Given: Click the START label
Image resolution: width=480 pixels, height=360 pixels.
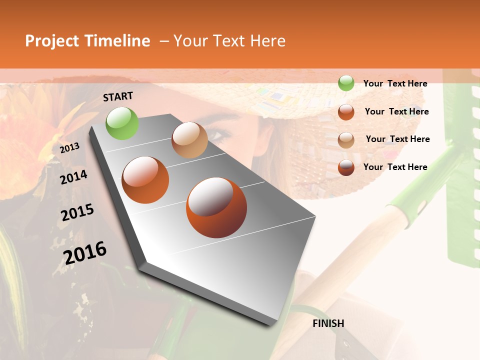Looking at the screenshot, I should tap(118, 96).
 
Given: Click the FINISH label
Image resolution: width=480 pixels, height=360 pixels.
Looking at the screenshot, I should tap(328, 323).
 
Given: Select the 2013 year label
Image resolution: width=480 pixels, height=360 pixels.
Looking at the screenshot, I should tap(69, 147).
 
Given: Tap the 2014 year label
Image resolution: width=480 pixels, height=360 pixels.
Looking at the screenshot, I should tap(73, 177).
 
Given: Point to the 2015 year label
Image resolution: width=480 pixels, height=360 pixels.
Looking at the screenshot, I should tap(77, 212).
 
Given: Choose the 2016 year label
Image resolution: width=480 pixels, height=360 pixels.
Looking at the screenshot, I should tap(85, 252).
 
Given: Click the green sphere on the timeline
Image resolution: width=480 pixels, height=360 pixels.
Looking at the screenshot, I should tap(122, 123).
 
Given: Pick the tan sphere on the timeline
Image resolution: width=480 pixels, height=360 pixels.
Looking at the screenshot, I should tap(189, 140).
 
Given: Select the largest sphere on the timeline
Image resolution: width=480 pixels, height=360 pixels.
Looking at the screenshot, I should tap(216, 207).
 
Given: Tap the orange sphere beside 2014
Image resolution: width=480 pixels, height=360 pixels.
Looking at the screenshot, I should tap(145, 179).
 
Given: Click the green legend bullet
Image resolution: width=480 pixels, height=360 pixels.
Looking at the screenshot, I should tap(346, 83).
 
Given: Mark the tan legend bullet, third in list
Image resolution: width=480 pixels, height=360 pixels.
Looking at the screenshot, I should tap(346, 139).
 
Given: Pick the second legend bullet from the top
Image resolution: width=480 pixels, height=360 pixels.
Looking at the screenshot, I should tap(346, 111).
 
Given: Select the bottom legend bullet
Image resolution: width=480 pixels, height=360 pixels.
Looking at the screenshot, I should tap(346, 167).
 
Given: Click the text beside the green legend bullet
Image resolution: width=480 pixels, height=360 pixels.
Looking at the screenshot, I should tap(395, 83).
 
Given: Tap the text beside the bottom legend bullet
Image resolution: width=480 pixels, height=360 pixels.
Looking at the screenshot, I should tap(395, 167).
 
